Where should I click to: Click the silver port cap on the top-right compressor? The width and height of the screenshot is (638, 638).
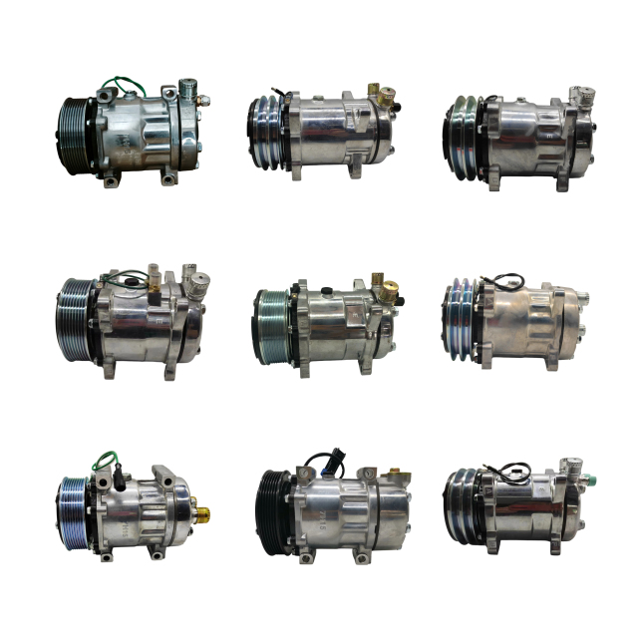click(x=576, y=96)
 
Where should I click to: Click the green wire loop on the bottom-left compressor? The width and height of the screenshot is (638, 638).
click(x=106, y=461)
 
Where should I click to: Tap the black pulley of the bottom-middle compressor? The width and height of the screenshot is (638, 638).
click(x=273, y=510)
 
